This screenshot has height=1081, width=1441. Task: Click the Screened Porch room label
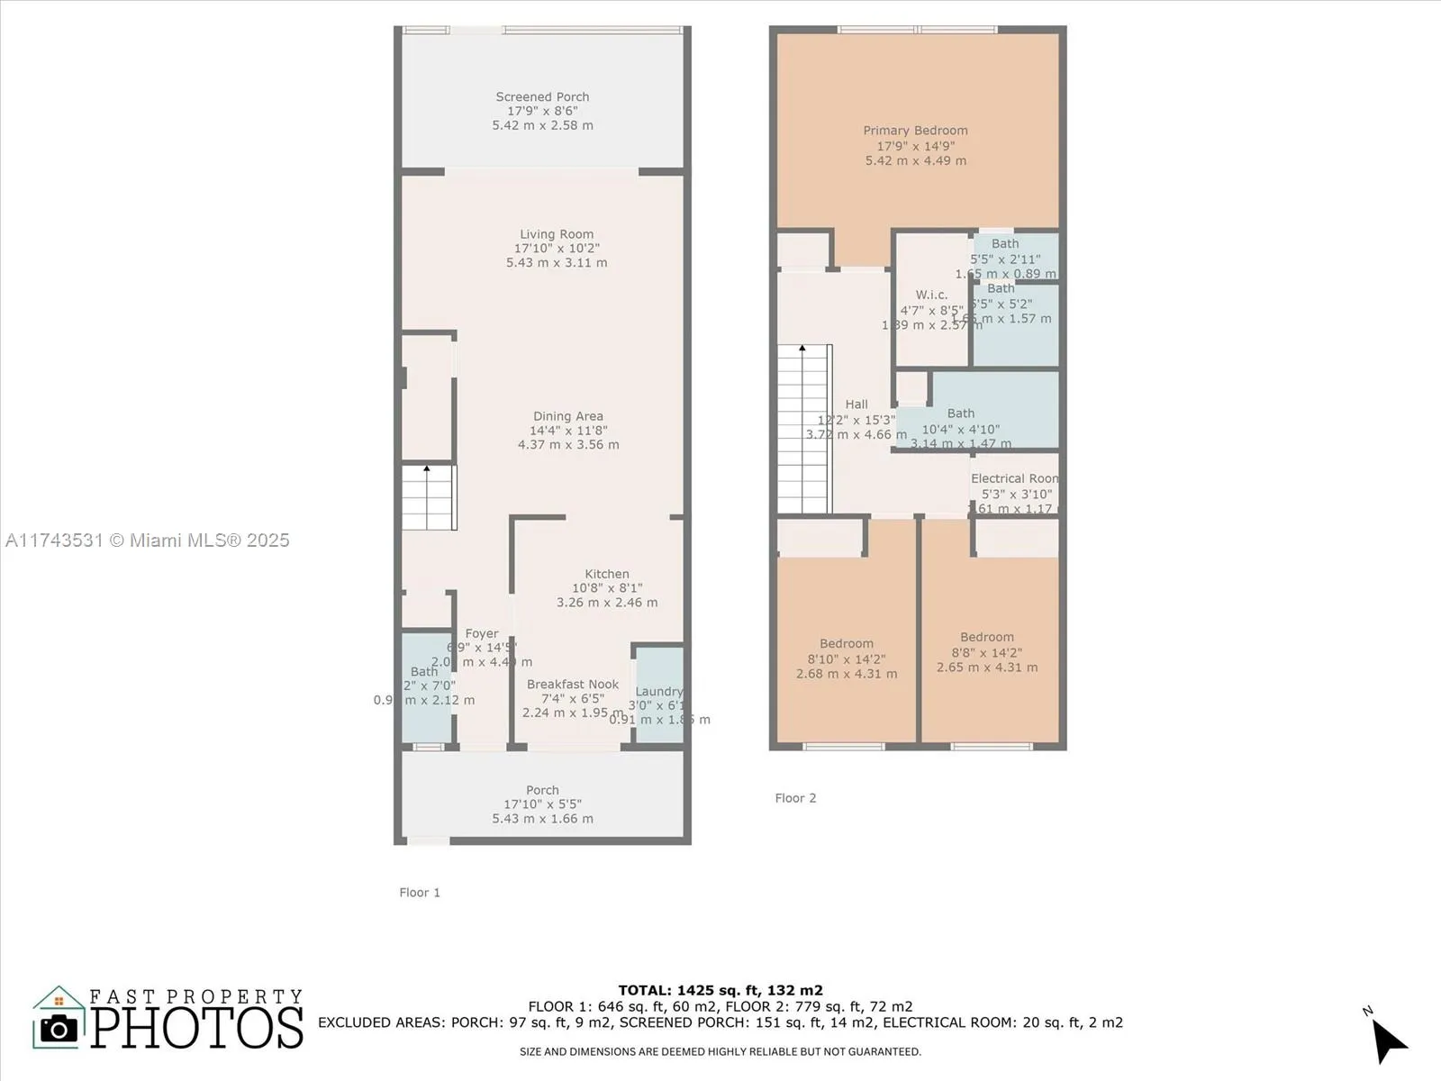click(x=542, y=97)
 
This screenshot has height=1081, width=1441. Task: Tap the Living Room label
click(x=557, y=234)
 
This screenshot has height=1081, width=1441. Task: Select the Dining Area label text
click(x=567, y=416)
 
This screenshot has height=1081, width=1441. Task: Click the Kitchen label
click(x=607, y=574)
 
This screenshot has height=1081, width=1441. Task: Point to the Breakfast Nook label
click(x=573, y=685)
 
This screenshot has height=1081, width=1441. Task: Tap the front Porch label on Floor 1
click(x=542, y=790)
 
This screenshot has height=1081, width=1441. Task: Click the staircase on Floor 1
click(x=429, y=497)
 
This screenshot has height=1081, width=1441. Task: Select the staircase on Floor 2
click(x=803, y=430)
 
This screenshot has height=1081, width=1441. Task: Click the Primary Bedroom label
click(x=915, y=131)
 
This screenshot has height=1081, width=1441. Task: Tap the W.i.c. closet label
click(x=931, y=295)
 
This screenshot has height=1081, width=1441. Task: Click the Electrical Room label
click(x=1014, y=478)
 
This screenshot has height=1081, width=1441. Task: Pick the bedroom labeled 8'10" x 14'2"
click(x=847, y=643)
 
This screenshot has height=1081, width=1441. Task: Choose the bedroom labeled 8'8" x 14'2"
click(x=987, y=637)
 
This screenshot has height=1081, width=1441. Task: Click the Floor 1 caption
click(x=420, y=893)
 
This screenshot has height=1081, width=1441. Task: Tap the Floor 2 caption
click(x=795, y=798)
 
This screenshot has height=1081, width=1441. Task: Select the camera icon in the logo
click(x=59, y=1029)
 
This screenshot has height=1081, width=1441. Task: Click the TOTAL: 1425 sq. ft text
click(x=720, y=990)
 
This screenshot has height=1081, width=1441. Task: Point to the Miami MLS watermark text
click(x=148, y=540)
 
